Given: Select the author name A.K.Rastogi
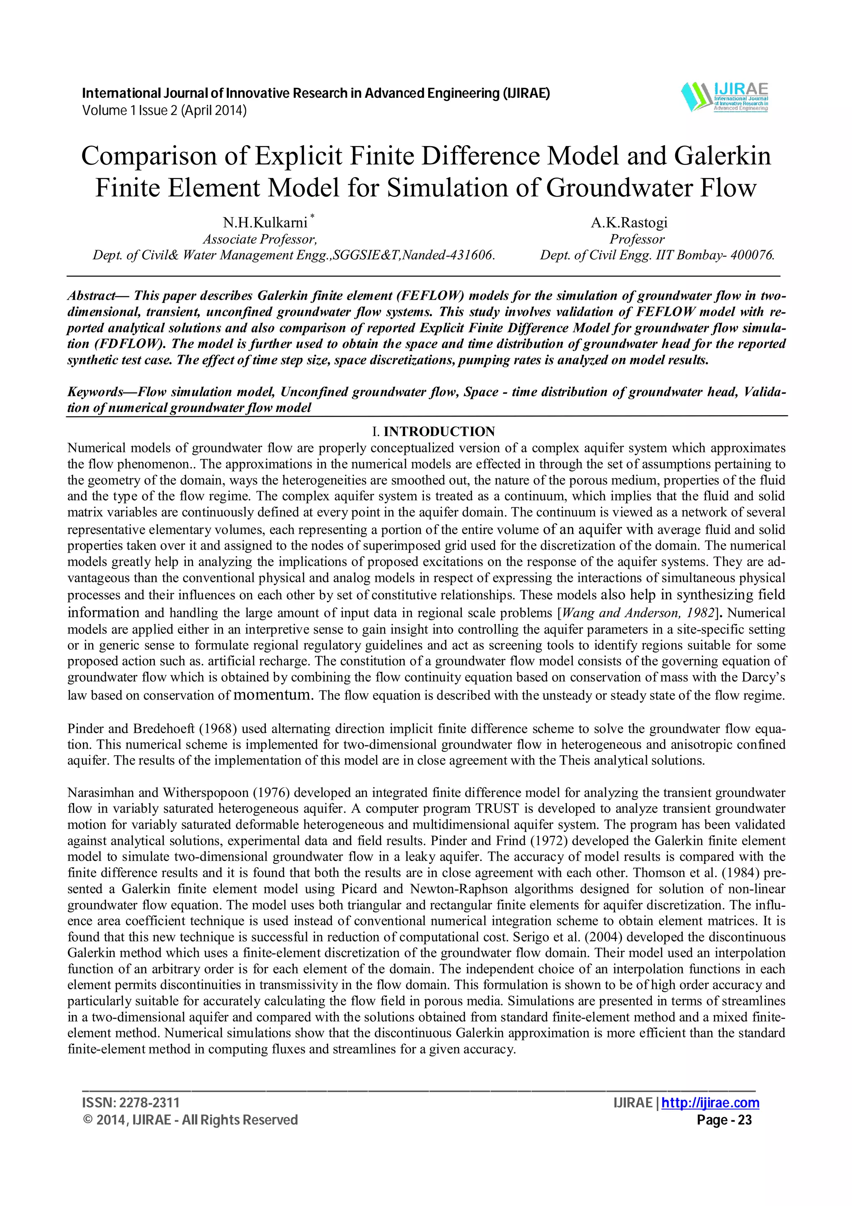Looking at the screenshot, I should coord(629,223).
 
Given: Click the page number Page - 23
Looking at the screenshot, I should coord(724,1120).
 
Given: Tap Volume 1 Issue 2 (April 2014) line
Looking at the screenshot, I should coord(164,111).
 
